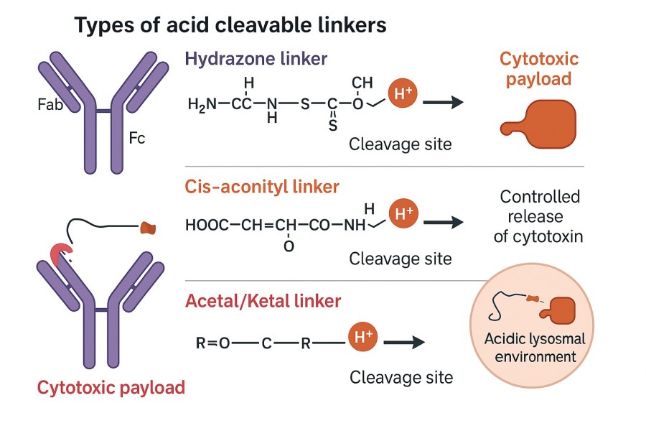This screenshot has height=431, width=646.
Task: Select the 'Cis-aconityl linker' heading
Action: pos(262,187)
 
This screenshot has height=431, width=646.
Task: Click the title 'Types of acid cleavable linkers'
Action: pos(230,26)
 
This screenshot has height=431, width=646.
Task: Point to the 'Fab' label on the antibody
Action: pos(50,105)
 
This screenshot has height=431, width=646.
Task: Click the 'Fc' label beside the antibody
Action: pos(136,137)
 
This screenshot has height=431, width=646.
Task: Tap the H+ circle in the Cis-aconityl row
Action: pos(402,213)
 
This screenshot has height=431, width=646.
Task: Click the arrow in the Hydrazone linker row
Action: pos(442,103)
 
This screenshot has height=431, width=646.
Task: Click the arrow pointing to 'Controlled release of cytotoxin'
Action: pos(442,223)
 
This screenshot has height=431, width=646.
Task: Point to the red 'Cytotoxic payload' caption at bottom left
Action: pos(111,389)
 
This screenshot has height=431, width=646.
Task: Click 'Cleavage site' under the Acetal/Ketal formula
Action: pos(401,377)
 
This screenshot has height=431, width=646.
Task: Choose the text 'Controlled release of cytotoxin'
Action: pos(540,216)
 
